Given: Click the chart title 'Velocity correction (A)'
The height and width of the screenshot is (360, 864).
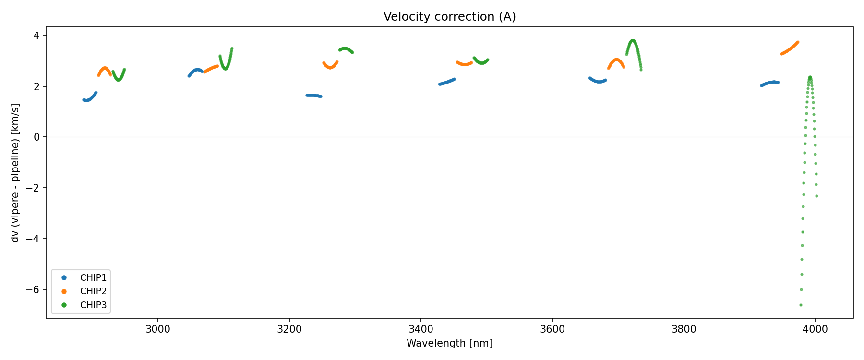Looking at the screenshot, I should click(449, 17).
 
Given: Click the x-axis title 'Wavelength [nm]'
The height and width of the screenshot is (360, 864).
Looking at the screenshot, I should click(449, 343).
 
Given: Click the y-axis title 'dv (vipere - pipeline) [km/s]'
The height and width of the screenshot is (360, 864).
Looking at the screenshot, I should click(15, 173).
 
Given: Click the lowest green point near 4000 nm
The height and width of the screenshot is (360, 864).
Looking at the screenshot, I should click(801, 305).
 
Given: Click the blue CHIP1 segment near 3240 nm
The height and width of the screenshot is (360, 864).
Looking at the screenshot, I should click(313, 96).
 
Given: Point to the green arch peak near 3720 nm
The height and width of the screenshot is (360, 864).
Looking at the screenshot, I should click(633, 41).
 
